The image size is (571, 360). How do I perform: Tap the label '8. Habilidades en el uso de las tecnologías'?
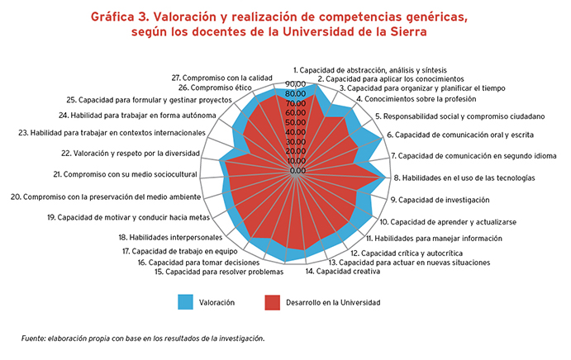(x=464, y=178)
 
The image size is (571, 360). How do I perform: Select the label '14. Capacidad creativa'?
(x=337, y=272)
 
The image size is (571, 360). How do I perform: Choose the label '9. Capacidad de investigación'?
(x=440, y=200)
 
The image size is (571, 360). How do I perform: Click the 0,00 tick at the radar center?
(x=298, y=171)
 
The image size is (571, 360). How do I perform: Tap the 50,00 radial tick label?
(x=296, y=123)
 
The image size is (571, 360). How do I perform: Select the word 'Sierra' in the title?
(x=408, y=33)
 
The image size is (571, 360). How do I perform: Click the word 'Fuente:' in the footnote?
(x=35, y=338)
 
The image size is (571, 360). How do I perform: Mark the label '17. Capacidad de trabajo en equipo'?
(x=179, y=251)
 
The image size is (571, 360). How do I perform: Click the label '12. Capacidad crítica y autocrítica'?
(x=406, y=253)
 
